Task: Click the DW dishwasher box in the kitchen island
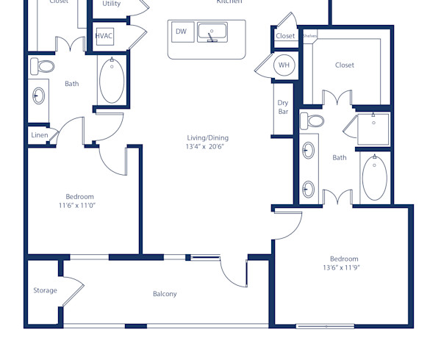point(181,32)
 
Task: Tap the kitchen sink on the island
point(212,32)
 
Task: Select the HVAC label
point(104,36)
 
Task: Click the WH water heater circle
point(284,65)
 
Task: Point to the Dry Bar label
point(283,107)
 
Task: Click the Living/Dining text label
point(207,137)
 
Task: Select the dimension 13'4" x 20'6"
point(204,147)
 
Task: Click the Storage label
point(45,291)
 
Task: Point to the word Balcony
point(165,294)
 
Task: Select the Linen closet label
point(39,135)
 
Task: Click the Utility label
point(112,4)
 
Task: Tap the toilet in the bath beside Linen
point(43,67)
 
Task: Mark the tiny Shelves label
point(309,35)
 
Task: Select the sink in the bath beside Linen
point(38,96)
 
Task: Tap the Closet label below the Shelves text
point(345,65)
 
